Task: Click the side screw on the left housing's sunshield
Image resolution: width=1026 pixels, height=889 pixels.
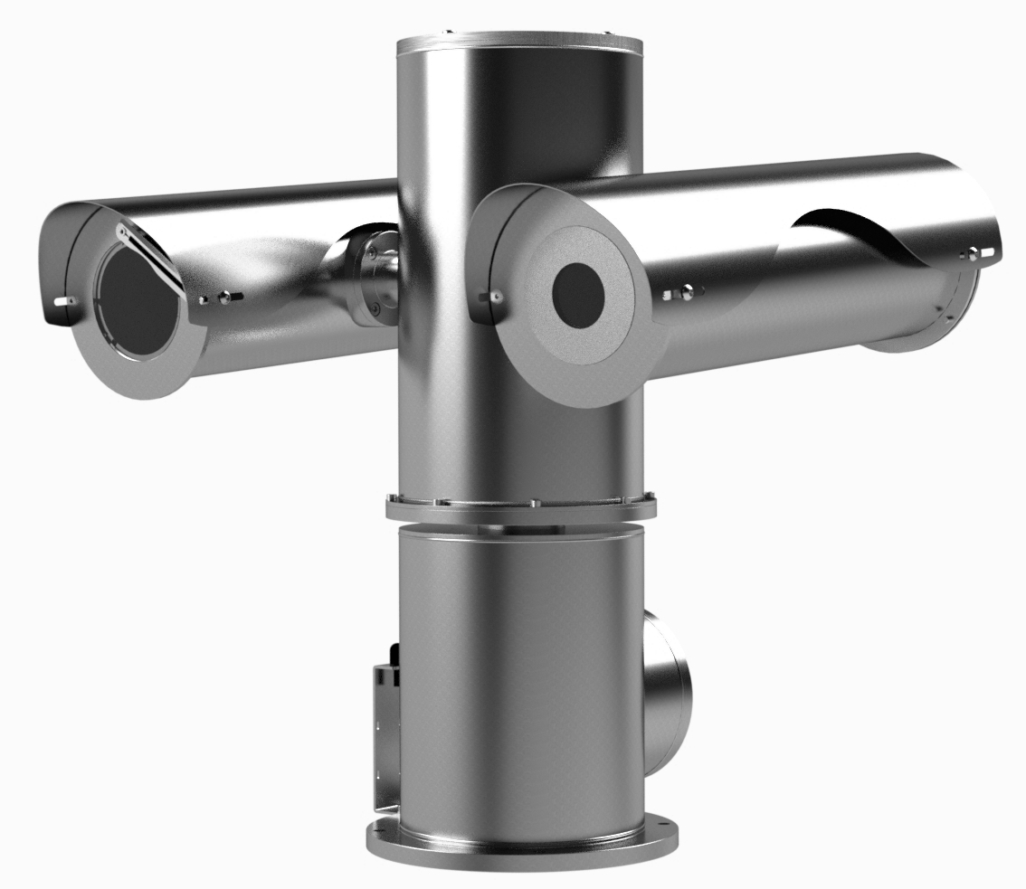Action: pos(223,296)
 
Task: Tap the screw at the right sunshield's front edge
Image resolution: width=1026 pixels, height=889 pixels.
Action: pos(495,295)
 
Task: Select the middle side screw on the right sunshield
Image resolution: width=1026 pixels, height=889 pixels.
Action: pos(688,291)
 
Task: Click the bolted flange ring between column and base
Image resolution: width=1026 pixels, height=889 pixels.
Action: pos(519,505)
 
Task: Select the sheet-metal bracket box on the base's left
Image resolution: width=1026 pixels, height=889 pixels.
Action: pos(385,733)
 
